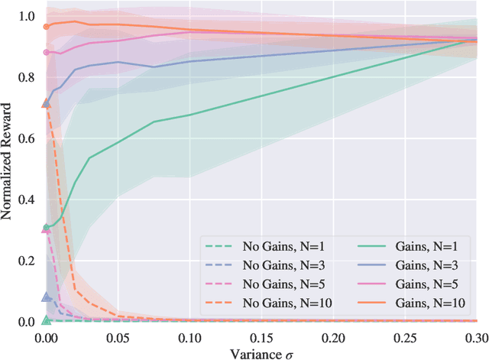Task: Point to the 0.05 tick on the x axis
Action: pos(118,336)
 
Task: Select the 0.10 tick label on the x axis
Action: pos(189,336)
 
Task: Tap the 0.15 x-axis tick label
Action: pos(261,336)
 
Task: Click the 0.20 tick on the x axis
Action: pos(333,336)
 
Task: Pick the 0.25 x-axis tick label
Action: pos(405,336)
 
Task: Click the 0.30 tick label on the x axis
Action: pos(474,336)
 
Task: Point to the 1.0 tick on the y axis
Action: pos(28,16)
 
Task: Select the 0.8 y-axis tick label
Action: pos(28,77)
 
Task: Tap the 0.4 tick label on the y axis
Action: pos(28,199)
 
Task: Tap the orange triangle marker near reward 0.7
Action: pos(46,103)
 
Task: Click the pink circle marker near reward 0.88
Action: pos(46,52)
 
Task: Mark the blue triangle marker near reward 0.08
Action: pos(46,297)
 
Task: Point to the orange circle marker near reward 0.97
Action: pos(46,26)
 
